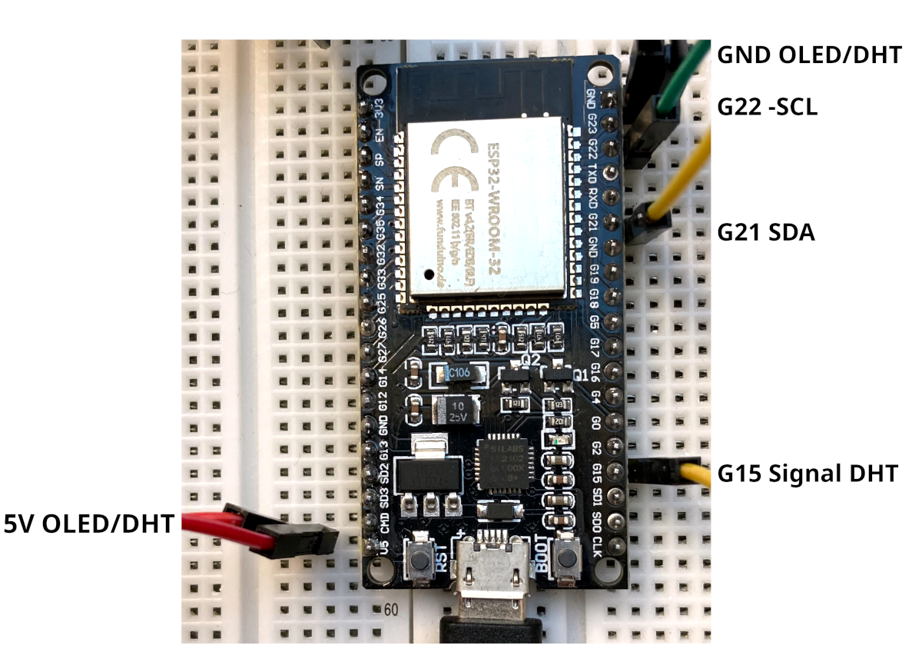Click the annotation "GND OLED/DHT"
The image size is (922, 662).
(808, 55)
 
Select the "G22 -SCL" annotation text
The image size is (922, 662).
(767, 107)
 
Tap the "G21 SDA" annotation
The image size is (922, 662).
(766, 231)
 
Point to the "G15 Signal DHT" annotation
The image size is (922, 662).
(808, 473)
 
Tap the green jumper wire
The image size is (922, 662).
(684, 77)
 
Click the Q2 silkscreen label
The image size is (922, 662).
(531, 358)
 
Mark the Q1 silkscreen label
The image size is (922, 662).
(582, 376)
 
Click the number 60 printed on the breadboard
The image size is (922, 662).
(390, 610)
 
